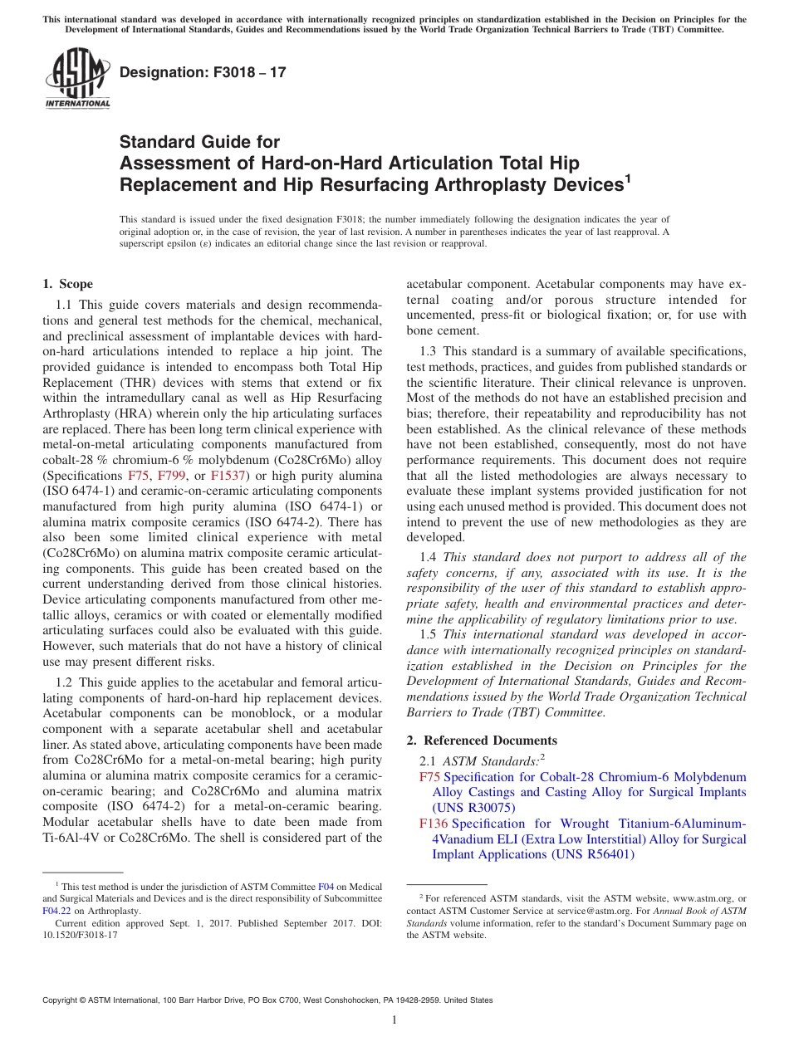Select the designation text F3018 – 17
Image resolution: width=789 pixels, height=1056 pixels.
pyautogui.click(x=203, y=72)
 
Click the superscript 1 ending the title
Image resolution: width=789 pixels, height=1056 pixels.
pyautogui.click(x=628, y=177)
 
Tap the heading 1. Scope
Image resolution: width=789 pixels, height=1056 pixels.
pyautogui.click(x=67, y=284)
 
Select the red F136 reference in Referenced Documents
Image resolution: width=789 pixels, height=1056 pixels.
pyautogui.click(x=434, y=824)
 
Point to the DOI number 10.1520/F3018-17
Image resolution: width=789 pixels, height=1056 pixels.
pyautogui.click(x=80, y=934)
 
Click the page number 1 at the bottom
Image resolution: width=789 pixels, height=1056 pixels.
pyautogui.click(x=394, y=1020)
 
